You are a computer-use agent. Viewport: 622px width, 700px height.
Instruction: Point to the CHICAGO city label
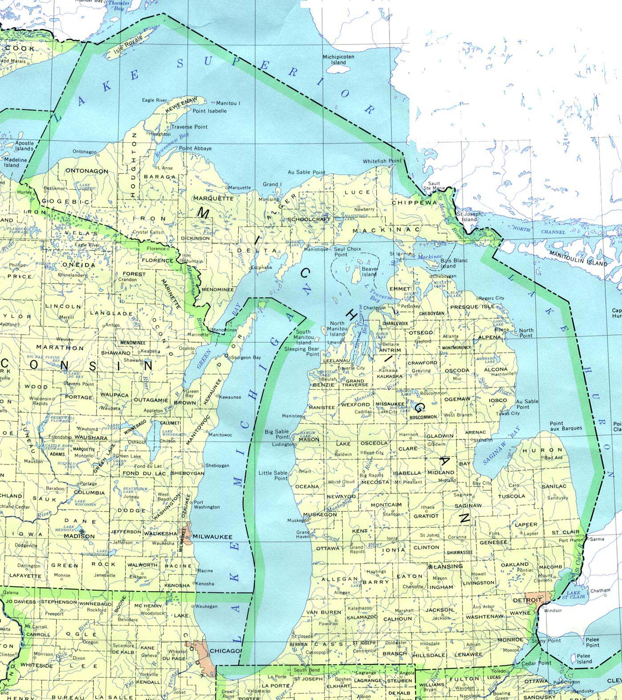[225, 651]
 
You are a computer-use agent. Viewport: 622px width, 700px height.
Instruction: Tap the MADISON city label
[79, 536]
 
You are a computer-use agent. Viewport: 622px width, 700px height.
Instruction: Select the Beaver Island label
[370, 271]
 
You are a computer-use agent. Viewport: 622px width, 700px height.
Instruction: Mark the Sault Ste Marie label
[434, 186]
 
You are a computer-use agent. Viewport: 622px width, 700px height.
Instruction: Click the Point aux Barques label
[565, 426]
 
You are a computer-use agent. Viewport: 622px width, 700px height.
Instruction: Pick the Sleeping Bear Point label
[301, 352]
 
